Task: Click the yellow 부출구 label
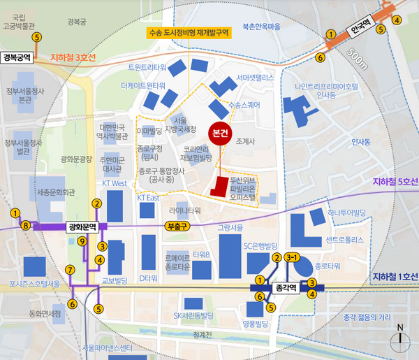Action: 177,226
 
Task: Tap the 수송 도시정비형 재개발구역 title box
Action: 189,32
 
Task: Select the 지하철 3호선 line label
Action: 75,57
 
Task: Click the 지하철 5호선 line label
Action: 395,182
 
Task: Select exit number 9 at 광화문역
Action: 82,241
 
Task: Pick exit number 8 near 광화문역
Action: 26,225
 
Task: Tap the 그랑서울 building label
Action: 230,227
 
